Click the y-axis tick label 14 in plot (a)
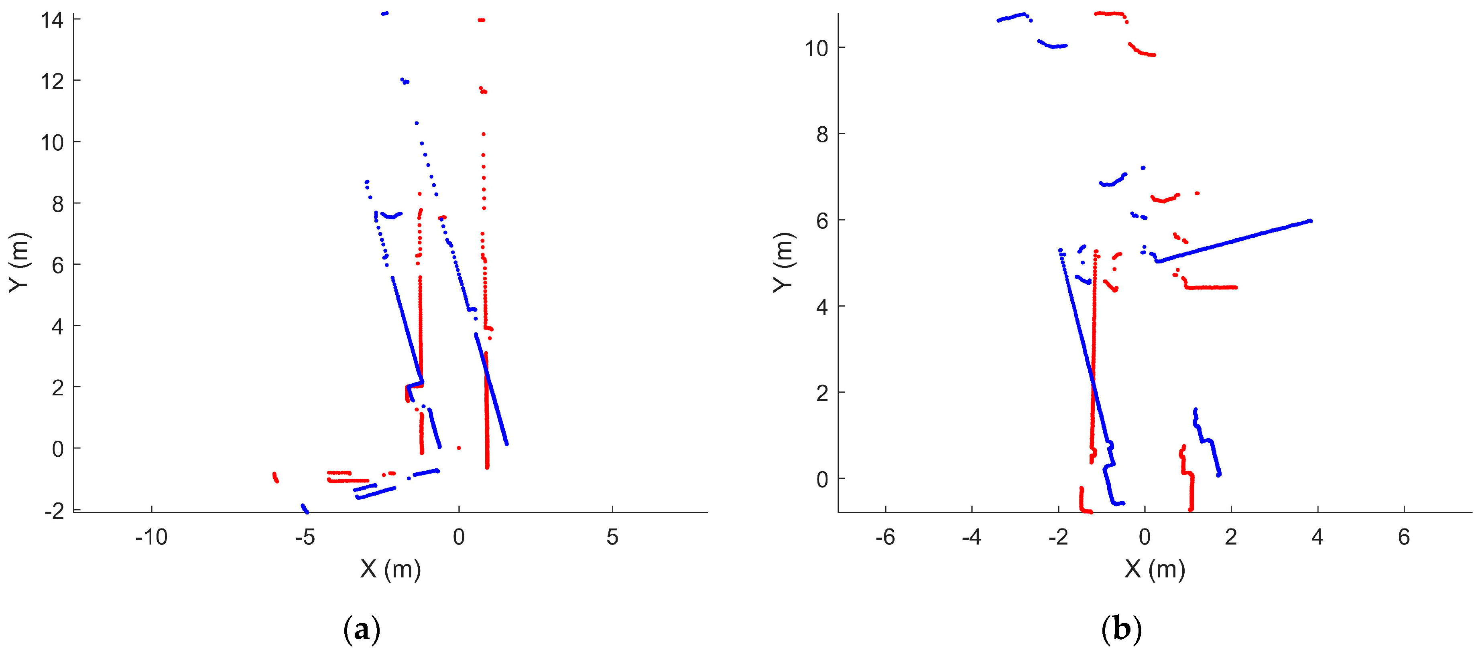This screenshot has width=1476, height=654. (52, 20)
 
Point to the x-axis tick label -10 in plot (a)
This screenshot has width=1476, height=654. (151, 537)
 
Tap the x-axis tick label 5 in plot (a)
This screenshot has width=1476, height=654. (612, 537)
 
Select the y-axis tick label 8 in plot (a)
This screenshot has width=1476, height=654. (57, 204)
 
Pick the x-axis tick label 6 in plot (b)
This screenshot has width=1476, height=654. (1403, 537)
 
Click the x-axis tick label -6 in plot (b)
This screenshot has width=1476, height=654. (885, 537)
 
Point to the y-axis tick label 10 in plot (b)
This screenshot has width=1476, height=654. (817, 48)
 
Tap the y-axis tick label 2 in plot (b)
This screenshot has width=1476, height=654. (822, 393)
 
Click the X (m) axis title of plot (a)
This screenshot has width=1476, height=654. (391, 569)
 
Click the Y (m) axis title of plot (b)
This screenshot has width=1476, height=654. (783, 262)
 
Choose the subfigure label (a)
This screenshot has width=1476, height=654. (362, 630)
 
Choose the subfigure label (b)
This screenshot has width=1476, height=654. (1121, 630)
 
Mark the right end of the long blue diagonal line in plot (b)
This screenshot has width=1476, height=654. (1310, 221)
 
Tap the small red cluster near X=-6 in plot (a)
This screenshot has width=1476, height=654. (275, 477)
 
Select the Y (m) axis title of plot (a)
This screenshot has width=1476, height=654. (19, 262)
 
